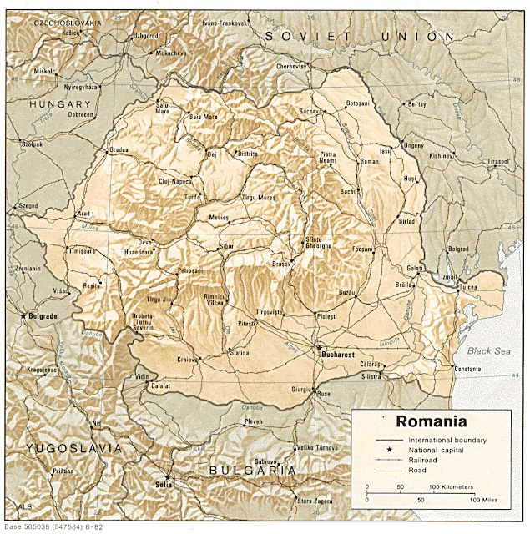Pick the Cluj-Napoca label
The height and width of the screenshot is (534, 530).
pyautogui.click(x=175, y=180)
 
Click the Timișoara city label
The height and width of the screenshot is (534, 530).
pyautogui.click(x=83, y=250)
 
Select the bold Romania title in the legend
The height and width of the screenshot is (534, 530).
pyautogui.click(x=432, y=421)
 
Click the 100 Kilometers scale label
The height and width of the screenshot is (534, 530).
pyautogui.click(x=452, y=486)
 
